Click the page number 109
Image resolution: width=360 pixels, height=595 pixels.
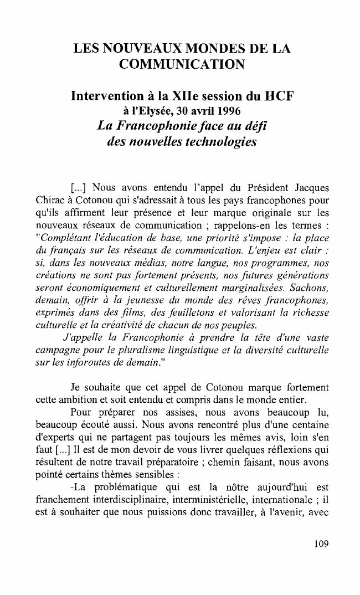(x=321, y=543)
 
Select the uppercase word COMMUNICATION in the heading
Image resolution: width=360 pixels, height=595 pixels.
(x=182, y=65)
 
